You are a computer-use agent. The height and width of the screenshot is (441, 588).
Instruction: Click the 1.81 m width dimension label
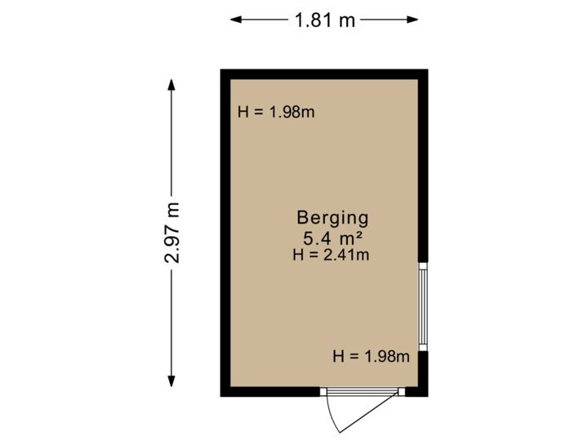click(x=324, y=20)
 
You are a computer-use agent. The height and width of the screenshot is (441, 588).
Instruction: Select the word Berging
click(x=332, y=218)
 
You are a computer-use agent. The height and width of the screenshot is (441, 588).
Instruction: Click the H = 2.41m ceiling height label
click(x=332, y=255)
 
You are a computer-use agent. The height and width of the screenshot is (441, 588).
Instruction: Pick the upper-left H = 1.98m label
click(x=276, y=112)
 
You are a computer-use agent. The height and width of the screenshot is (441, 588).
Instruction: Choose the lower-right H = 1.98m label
click(x=371, y=356)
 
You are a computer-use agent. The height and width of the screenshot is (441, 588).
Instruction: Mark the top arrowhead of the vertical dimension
click(x=171, y=82)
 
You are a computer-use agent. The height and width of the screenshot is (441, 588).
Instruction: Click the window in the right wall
click(x=424, y=305)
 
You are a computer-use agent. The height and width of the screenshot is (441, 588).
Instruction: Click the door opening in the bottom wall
click(x=363, y=393)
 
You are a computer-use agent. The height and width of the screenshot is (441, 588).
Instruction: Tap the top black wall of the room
click(x=324, y=73)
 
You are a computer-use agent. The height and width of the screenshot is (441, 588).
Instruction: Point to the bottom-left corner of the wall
click(x=225, y=393)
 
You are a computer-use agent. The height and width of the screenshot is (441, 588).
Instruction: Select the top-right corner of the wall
click(x=424, y=73)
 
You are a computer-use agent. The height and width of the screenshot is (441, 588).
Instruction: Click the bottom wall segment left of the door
click(x=274, y=393)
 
